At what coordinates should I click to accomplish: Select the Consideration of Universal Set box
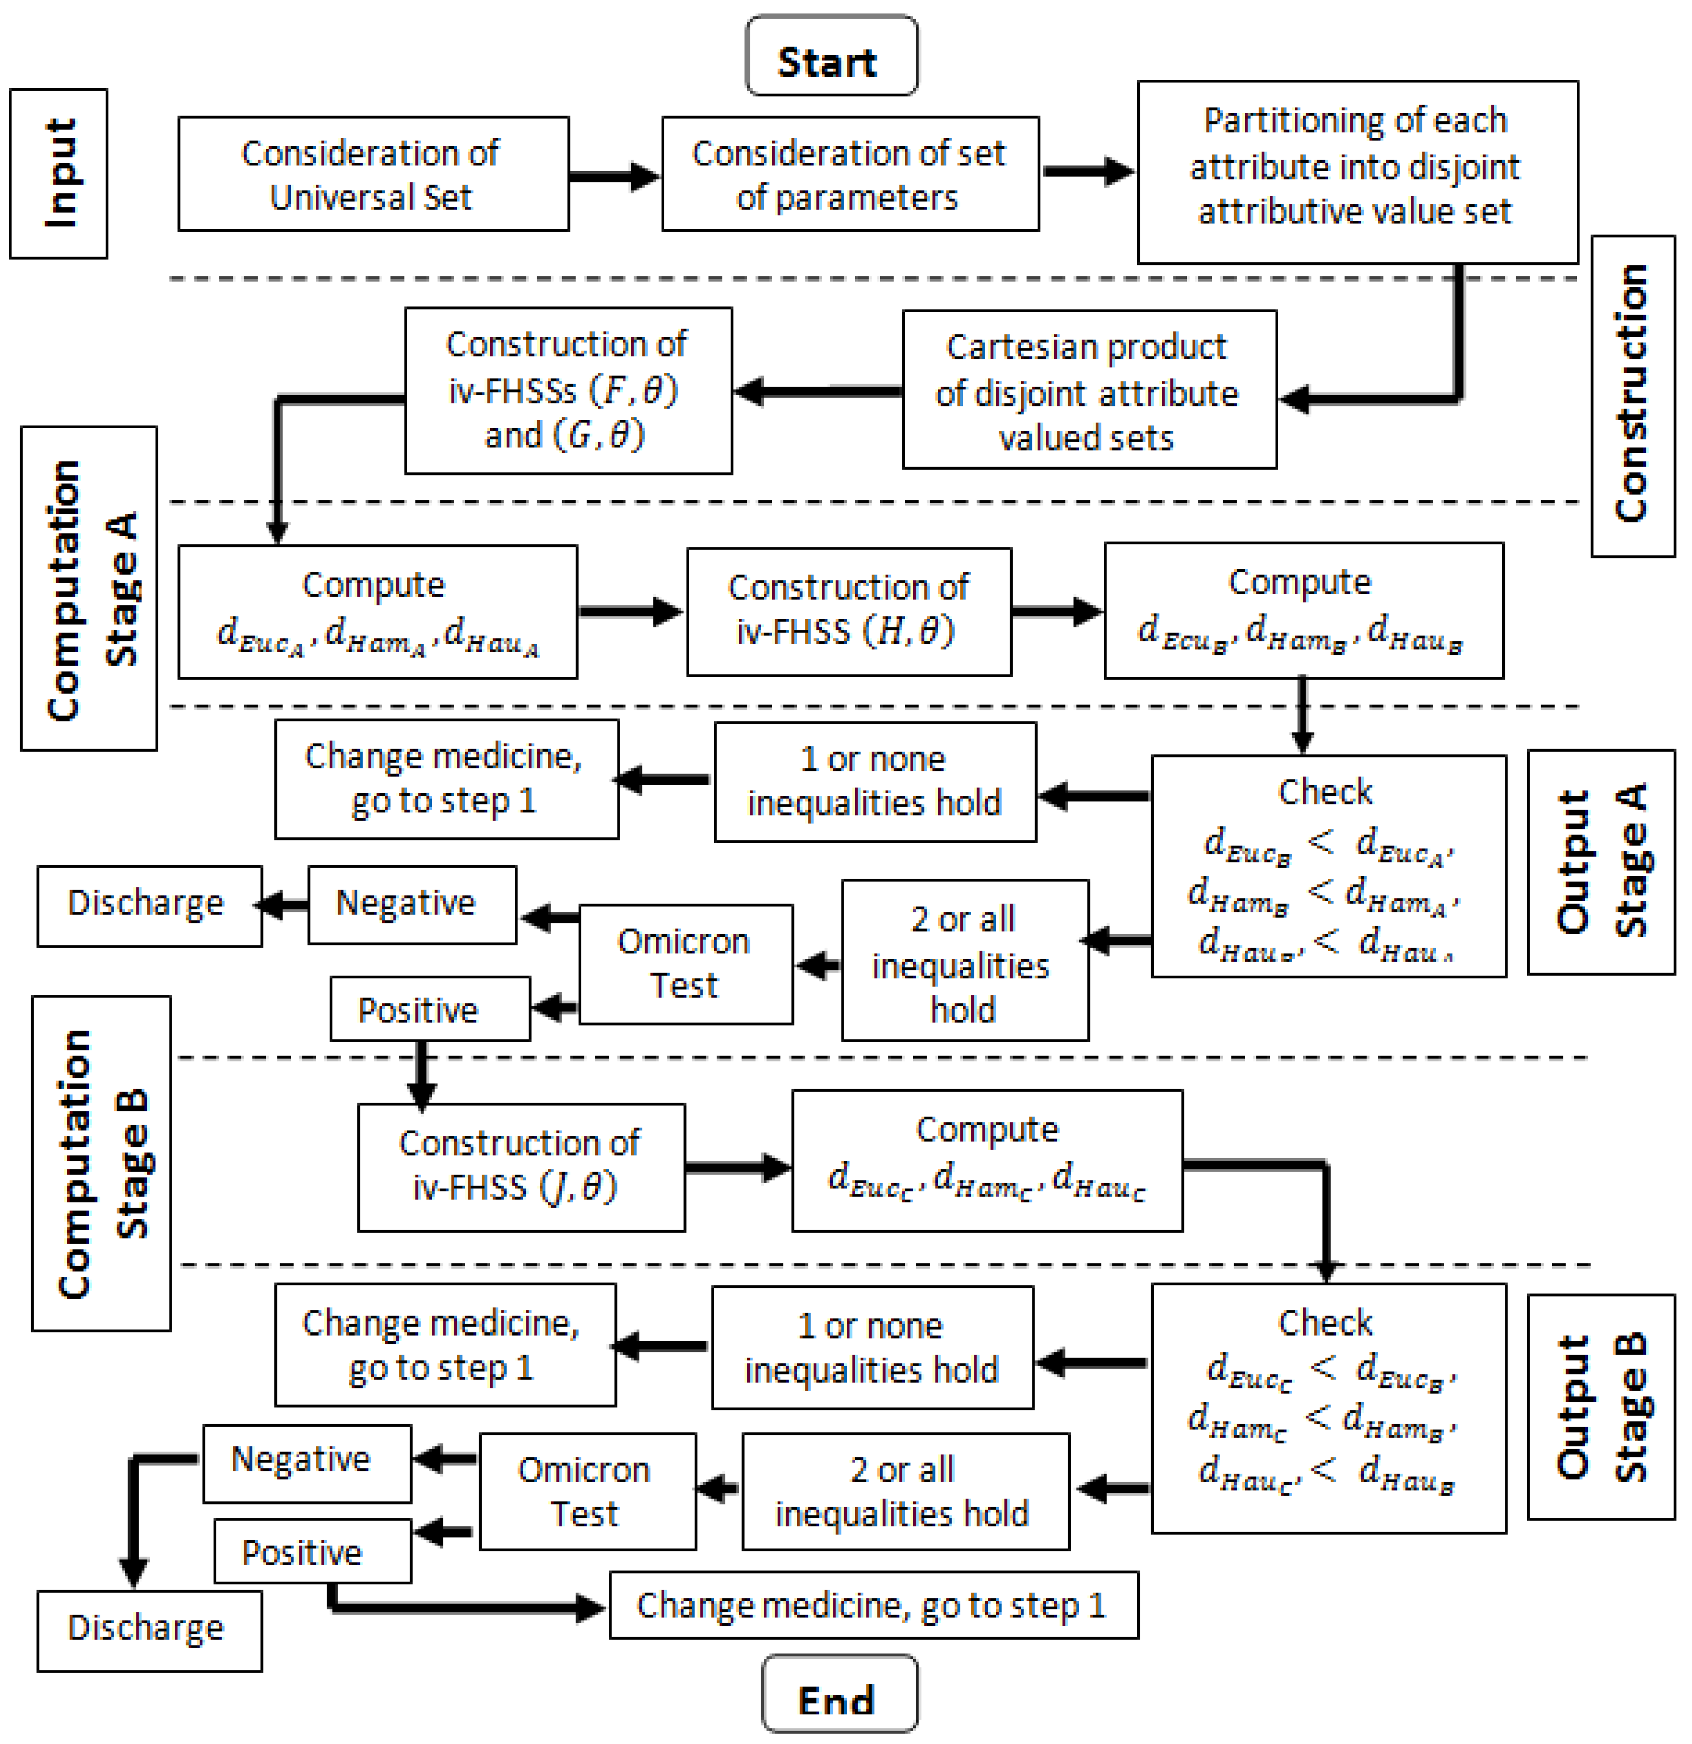coord(373,174)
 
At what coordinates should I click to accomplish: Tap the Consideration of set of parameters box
coord(849,174)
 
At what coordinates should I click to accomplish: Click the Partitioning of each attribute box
coord(1357,172)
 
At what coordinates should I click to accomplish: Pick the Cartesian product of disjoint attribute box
coord(1088,390)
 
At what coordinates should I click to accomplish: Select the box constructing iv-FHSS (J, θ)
coord(521,1166)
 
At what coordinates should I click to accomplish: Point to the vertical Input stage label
coord(59,174)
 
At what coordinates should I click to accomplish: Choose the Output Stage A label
coord(1600,861)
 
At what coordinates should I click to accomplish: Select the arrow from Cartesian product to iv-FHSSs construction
coord(817,390)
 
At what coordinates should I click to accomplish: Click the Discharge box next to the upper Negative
coord(149,905)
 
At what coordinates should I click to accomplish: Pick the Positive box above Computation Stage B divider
coord(430,1008)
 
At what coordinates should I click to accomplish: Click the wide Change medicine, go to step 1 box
coord(872,1605)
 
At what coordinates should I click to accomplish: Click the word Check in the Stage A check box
coord(1324,791)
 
